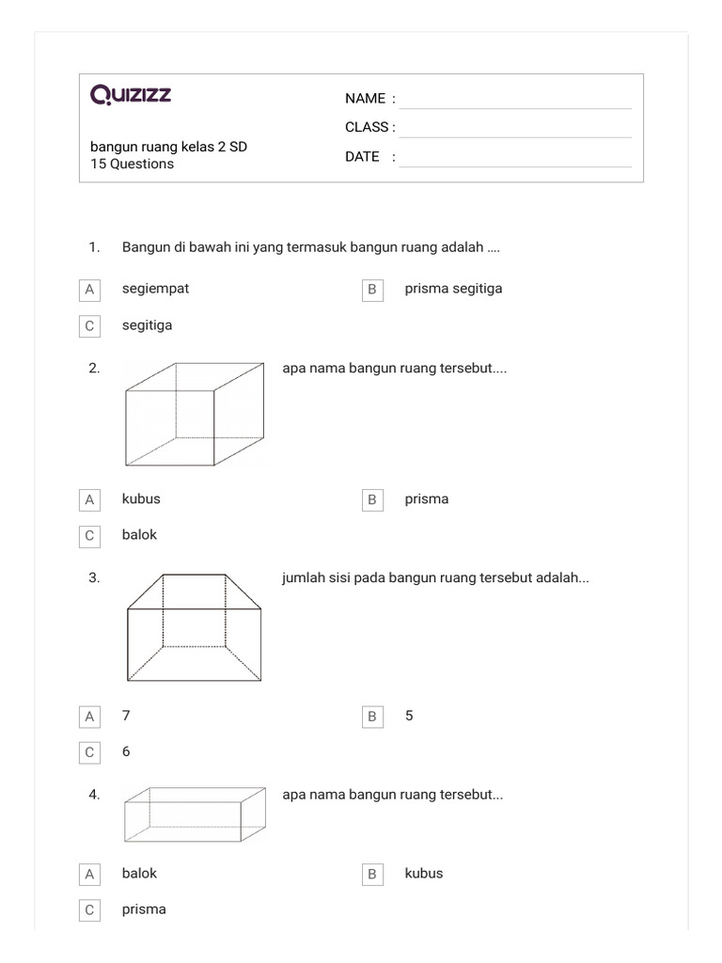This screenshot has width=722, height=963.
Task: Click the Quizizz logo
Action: (x=131, y=95)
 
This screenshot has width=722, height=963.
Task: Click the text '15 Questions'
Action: (x=132, y=164)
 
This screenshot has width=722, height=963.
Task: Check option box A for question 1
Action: (x=89, y=290)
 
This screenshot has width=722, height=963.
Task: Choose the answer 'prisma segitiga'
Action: (x=453, y=289)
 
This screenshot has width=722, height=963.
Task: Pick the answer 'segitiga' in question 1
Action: (x=147, y=325)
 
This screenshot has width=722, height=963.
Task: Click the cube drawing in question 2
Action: (x=195, y=414)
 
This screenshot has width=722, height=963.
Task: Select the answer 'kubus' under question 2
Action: (x=141, y=499)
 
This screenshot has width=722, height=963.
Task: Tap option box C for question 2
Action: (x=89, y=536)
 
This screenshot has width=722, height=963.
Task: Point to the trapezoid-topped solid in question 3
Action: (x=195, y=626)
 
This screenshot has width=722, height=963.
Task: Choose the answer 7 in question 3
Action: (x=126, y=716)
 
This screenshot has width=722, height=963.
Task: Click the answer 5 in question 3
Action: (x=409, y=716)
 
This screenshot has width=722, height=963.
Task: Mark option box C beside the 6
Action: (x=89, y=752)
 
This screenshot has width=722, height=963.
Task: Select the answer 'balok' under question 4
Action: (x=139, y=874)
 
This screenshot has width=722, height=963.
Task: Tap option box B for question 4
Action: (x=372, y=875)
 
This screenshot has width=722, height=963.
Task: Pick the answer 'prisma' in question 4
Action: (x=144, y=909)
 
